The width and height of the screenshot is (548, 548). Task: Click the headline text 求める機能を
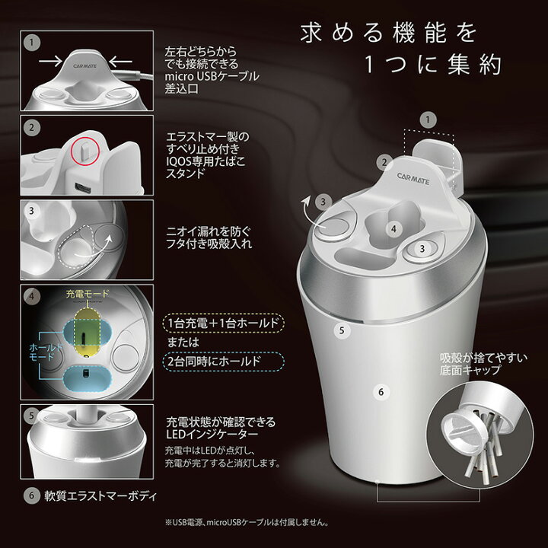[389, 33]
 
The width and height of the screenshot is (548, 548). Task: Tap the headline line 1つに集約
[432, 65]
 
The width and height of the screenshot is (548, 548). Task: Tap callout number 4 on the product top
[393, 228]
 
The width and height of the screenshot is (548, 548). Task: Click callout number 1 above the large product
[429, 119]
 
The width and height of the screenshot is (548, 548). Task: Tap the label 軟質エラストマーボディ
[99, 497]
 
